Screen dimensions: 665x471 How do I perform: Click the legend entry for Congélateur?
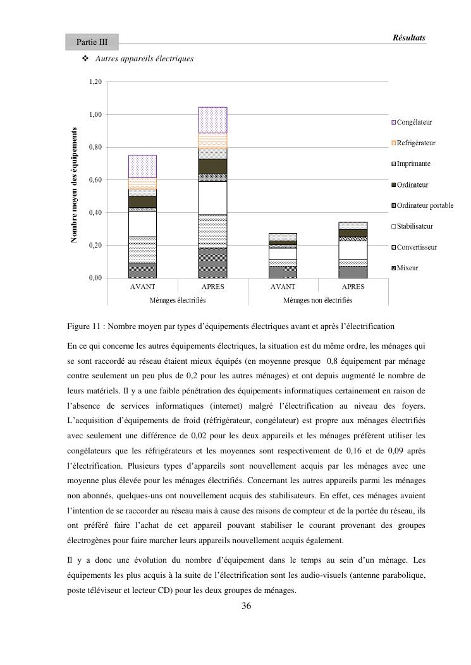[415, 123]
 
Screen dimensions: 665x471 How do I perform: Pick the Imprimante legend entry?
[413, 164]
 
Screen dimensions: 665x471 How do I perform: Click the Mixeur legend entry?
[407, 268]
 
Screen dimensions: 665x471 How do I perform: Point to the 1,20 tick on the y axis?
[95, 82]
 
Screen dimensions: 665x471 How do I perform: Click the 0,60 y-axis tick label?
[95, 180]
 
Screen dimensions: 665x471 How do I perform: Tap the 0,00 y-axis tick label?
[95, 278]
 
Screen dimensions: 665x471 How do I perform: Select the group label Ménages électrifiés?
[178, 301]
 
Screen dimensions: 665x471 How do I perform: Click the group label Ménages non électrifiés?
[318, 301]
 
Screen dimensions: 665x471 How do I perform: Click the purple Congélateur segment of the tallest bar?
[212, 120]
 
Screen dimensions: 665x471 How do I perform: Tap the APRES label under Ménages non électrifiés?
[353, 287]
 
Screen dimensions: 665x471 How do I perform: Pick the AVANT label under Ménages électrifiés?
[142, 287]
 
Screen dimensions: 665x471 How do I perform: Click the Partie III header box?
[92, 42]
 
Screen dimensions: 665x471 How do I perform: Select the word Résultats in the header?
[409, 38]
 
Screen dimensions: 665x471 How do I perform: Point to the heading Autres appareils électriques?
[144, 59]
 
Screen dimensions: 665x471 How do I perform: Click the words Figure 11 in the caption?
[84, 327]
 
